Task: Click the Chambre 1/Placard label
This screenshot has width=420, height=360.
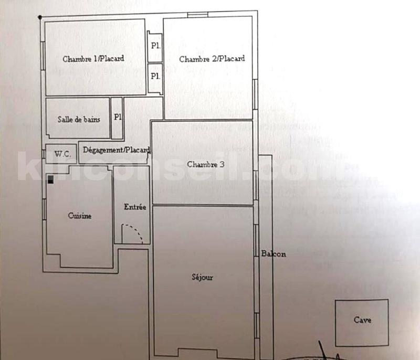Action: tap(93, 59)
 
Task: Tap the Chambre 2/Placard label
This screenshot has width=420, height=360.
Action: tap(212, 59)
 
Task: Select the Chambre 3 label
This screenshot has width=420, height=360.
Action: tap(205, 164)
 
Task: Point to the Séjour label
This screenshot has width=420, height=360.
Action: tap(203, 278)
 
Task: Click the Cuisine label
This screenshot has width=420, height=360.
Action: tap(80, 216)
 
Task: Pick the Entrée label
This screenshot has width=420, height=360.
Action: tap(135, 207)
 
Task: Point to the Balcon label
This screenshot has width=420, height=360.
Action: tap(273, 255)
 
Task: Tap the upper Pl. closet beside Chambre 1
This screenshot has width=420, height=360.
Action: tap(155, 46)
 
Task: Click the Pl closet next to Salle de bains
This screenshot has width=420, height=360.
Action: tap(117, 118)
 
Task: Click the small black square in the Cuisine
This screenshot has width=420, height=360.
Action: tap(50, 179)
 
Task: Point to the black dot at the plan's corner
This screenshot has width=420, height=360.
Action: tap(40, 17)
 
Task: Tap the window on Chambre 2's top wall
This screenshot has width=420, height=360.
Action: tap(197, 14)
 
